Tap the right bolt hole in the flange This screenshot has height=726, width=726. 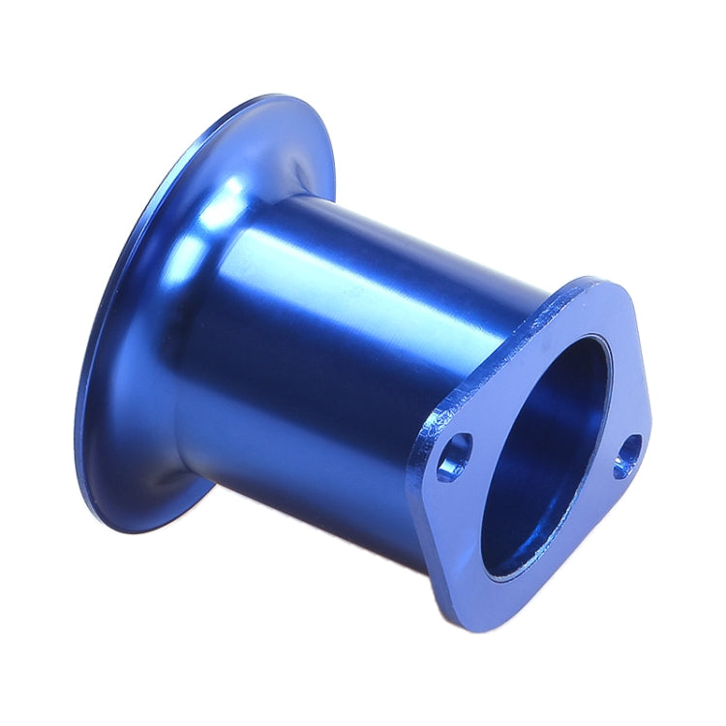click(x=627, y=457)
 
